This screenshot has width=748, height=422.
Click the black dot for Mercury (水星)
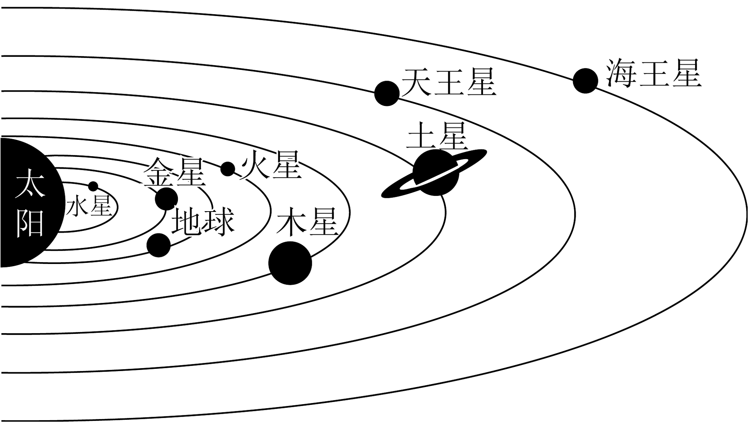click(93, 186)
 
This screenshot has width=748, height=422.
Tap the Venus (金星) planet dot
click(166, 199)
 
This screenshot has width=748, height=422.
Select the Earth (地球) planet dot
click(159, 245)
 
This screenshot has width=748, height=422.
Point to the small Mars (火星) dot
click(228, 169)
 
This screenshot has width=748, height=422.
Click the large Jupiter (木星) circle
click(290, 263)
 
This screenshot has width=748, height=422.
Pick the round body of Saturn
click(436, 172)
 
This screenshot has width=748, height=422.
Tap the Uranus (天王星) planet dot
click(387, 93)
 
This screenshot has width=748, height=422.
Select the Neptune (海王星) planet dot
click(585, 81)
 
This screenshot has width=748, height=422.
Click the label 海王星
click(654, 73)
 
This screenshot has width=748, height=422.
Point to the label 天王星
click(449, 82)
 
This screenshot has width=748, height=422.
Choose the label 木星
click(307, 222)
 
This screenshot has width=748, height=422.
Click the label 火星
click(271, 165)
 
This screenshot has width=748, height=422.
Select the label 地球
click(203, 222)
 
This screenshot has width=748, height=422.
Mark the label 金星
click(175, 172)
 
